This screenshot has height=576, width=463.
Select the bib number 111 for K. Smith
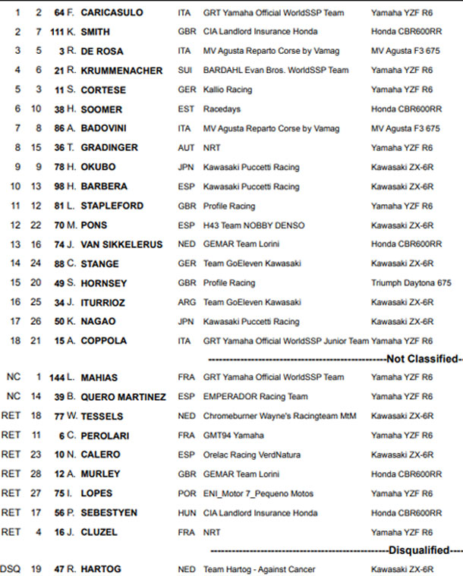(55, 33)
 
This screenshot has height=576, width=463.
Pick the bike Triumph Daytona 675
(411, 283)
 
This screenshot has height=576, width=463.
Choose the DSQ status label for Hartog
(11, 568)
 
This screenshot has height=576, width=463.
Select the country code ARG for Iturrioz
(187, 302)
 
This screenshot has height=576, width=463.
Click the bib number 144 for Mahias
(55, 377)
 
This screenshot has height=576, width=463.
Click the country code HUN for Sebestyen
(187, 513)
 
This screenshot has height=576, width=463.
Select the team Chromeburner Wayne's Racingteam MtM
(280, 416)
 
